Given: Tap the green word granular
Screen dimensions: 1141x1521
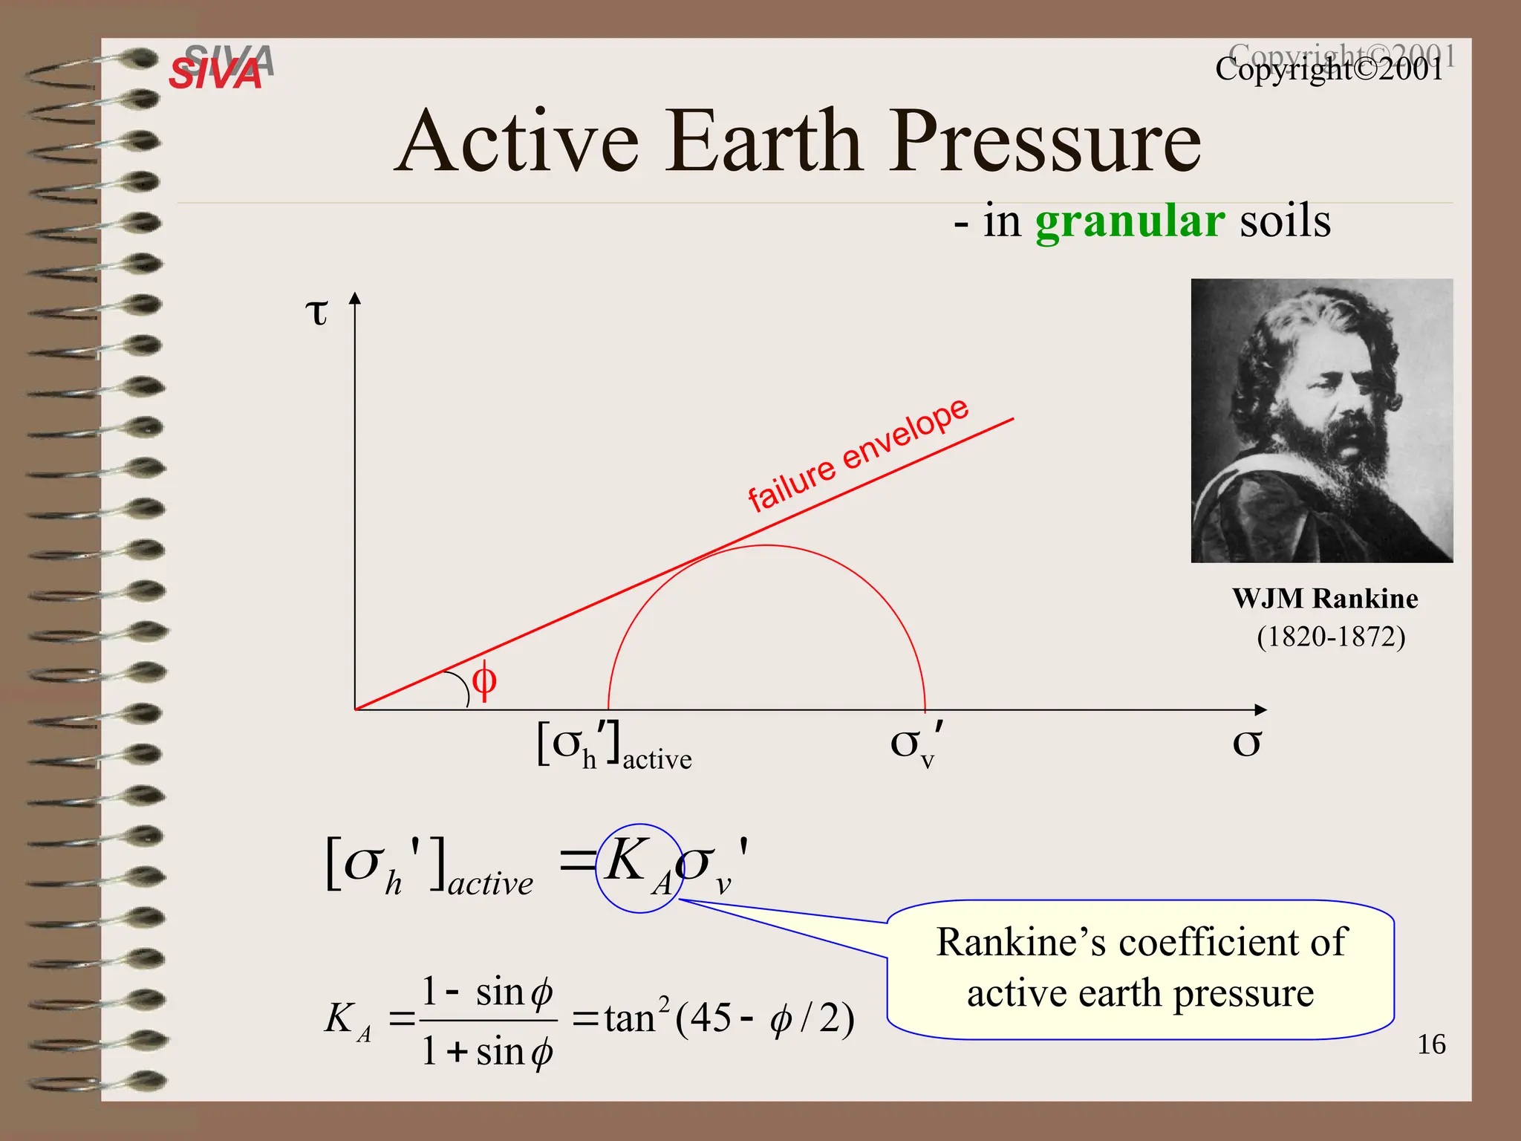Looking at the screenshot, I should (x=1129, y=221).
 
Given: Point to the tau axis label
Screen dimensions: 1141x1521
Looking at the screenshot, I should (x=316, y=312).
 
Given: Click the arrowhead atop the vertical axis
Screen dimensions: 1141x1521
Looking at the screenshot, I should (x=355, y=298).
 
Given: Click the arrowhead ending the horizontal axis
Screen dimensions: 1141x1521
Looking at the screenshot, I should (x=1260, y=709).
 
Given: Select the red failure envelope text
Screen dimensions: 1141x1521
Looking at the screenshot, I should (x=858, y=455).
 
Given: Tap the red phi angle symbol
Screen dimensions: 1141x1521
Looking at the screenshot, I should (x=484, y=680).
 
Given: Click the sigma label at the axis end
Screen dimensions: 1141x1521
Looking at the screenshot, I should (x=1246, y=742).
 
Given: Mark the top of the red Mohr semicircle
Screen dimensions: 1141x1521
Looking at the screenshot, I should (x=766, y=546).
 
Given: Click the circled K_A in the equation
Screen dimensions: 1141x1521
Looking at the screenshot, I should (x=638, y=867).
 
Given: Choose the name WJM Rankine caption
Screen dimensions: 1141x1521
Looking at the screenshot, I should (x=1324, y=599).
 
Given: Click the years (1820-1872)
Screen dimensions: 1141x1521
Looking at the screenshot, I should (x=1330, y=637).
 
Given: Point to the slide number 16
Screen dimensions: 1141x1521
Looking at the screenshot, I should (x=1430, y=1044).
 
